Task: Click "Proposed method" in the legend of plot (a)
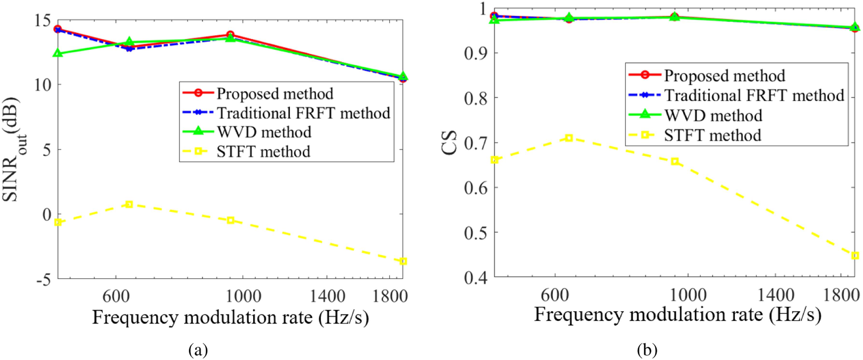275,94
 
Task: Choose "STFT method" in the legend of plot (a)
263,152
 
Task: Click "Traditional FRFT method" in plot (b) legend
754,96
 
